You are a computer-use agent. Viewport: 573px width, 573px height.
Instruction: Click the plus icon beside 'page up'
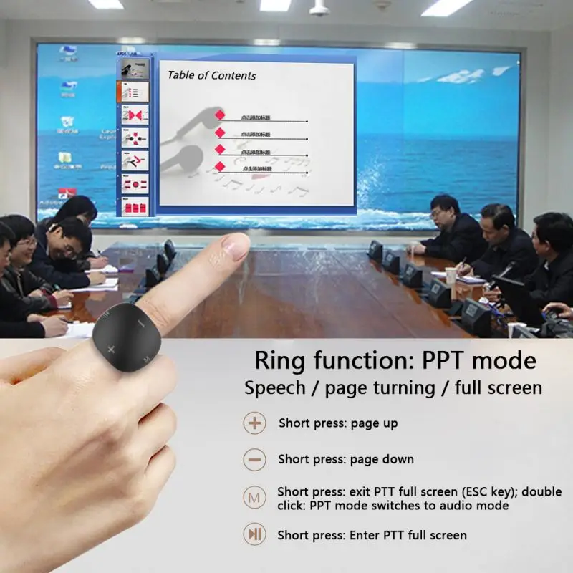(254, 423)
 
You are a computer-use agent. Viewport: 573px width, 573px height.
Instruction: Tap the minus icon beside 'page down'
(254, 459)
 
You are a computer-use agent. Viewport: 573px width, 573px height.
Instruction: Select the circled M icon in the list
(254, 496)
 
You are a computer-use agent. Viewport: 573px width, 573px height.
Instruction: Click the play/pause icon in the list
(254, 534)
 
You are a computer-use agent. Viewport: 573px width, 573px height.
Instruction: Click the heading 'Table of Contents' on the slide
(211, 75)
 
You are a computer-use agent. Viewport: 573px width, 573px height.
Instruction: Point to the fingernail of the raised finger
(236, 246)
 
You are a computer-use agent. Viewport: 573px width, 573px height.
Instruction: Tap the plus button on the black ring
(111, 349)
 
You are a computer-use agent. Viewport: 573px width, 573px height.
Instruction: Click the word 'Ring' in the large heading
(281, 360)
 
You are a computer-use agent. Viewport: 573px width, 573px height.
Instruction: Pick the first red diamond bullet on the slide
(221, 115)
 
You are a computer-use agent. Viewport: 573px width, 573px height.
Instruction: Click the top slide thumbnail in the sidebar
(133, 69)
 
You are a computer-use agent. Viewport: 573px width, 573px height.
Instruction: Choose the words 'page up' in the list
(374, 423)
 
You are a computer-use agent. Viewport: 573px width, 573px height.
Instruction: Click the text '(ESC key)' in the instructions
(473, 492)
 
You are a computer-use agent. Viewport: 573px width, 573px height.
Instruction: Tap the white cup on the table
(451, 276)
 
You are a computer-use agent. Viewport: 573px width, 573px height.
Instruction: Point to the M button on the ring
(145, 356)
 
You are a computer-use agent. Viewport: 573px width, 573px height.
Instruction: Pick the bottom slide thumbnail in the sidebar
(133, 207)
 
